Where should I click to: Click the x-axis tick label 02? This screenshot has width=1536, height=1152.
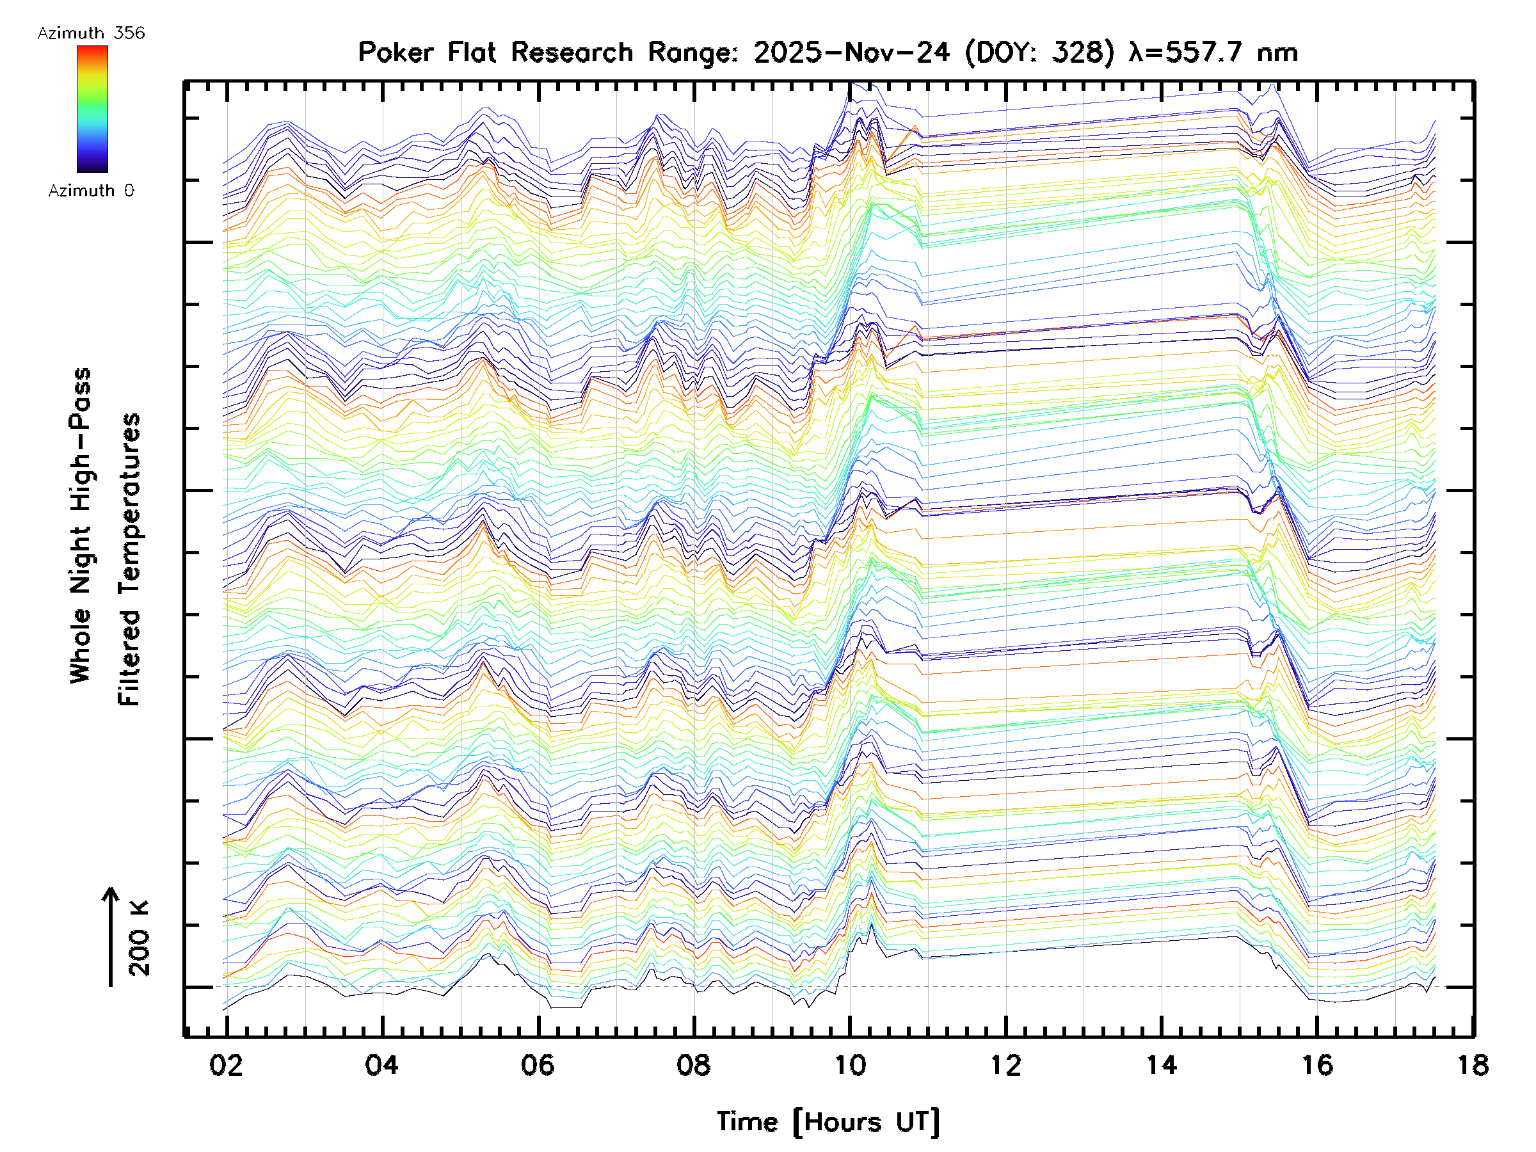(226, 1065)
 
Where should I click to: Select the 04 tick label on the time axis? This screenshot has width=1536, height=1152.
(382, 1065)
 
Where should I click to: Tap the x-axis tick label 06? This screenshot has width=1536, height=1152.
(538, 1065)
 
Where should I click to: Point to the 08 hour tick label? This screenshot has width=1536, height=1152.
(694, 1065)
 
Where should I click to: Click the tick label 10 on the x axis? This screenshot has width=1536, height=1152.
(849, 1065)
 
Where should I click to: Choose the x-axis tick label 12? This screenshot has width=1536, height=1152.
(1005, 1065)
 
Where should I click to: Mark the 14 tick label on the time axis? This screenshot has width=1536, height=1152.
(1161, 1065)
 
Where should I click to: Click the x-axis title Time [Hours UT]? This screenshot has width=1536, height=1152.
(828, 1122)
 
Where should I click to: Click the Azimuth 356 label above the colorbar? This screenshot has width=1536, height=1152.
(91, 33)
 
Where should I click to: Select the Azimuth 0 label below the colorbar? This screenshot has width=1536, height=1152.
(91, 190)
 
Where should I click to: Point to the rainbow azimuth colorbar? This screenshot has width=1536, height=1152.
(92, 109)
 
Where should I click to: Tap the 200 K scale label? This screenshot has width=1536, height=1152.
(140, 938)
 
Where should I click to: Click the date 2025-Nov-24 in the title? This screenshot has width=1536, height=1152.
(851, 52)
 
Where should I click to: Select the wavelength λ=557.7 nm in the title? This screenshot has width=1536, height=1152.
(1213, 52)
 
